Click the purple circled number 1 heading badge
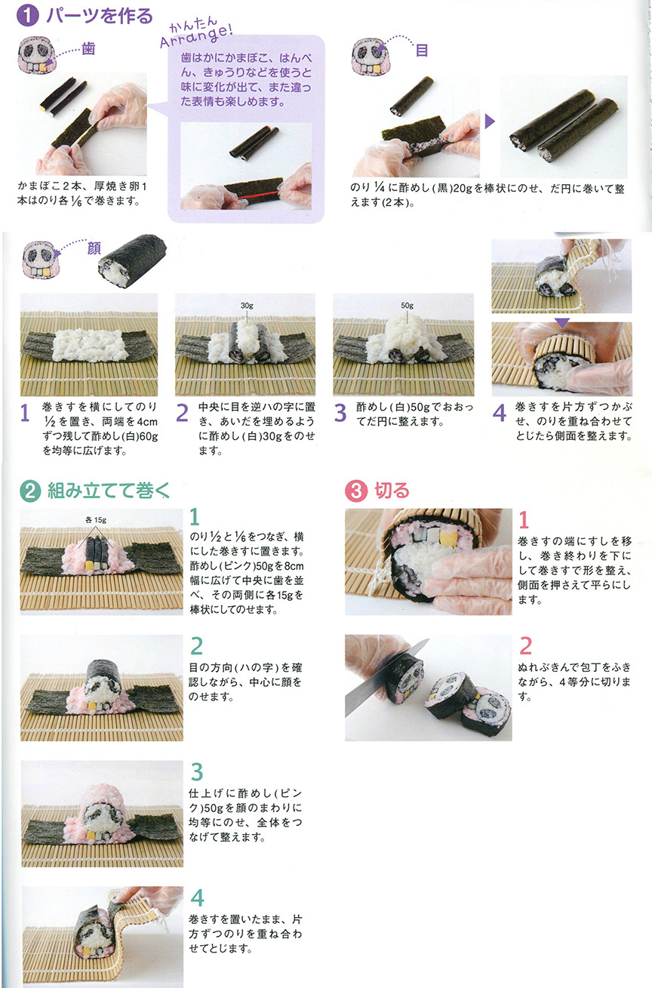pyautogui.click(x=28, y=16)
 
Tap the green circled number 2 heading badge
pyautogui.click(x=30, y=491)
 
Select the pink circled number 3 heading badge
pyautogui.click(x=356, y=491)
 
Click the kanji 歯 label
pyautogui.click(x=88, y=48)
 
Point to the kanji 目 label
pyautogui.click(x=421, y=51)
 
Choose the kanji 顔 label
pyautogui.click(x=94, y=248)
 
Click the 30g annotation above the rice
pyautogui.click(x=247, y=305)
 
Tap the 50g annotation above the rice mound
pyautogui.click(x=407, y=305)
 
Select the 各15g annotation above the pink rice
pyautogui.click(x=96, y=520)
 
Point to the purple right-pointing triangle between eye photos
pyautogui.click(x=490, y=122)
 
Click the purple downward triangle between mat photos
pyautogui.click(x=562, y=323)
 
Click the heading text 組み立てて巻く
pyautogui.click(x=109, y=491)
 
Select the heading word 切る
pyautogui.click(x=392, y=491)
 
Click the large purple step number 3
pyautogui.click(x=340, y=414)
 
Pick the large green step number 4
pyautogui.click(x=197, y=897)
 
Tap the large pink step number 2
pyautogui.click(x=525, y=646)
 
